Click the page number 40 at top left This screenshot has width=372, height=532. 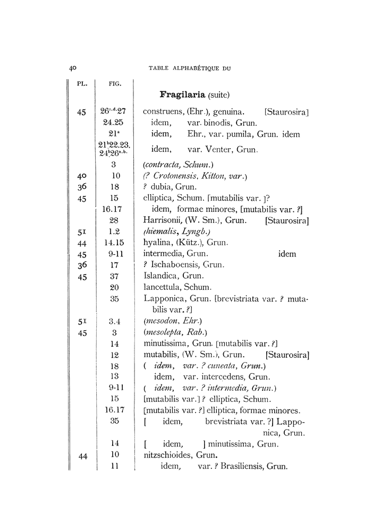(73, 68)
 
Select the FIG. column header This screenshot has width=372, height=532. (114, 83)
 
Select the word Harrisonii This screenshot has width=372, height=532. (162, 220)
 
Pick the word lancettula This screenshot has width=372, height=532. (163, 287)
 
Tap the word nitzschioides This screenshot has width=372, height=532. (167, 455)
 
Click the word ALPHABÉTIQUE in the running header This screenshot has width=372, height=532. (202, 68)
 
